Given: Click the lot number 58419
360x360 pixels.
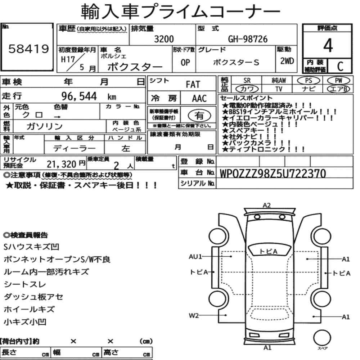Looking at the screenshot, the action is click(29, 49).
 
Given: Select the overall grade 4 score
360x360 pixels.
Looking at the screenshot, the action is click(328, 45).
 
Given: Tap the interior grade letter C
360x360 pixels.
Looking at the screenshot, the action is click(340, 66).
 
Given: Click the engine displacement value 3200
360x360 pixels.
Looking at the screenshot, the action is click(164, 39).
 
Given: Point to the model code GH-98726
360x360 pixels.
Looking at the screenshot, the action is click(248, 39).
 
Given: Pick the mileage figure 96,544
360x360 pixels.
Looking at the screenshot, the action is click(79, 96).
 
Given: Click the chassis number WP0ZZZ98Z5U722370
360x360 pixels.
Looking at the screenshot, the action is click(273, 174).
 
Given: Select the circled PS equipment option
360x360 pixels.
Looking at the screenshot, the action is click(309, 81).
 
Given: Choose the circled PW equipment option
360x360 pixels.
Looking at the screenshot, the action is click(338, 81).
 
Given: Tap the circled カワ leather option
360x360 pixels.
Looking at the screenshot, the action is click(247, 89).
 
